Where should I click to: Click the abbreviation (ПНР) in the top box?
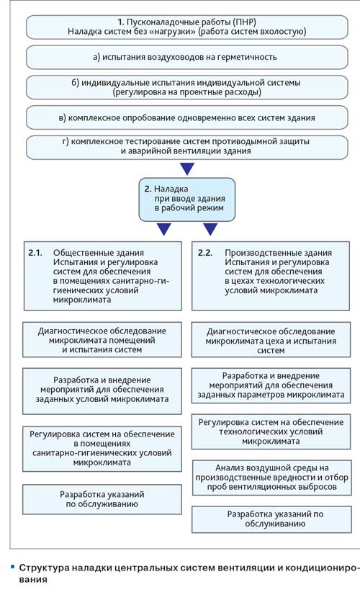pos(239,22)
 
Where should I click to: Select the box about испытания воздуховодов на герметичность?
pos(187,58)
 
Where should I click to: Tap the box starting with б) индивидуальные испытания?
pos(187,87)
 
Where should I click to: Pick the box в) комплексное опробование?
pos(187,117)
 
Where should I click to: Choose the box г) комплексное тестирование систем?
pos(187,146)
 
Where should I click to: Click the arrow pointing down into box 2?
pos(187,169)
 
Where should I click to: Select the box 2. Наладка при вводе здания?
pos(187,200)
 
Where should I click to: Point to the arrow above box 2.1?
pos(164,229)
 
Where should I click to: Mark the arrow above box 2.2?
pos(210,229)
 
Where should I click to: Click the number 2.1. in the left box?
pos(35,253)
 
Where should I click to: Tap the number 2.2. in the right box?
pos(205,253)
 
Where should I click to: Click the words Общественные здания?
pos(99,253)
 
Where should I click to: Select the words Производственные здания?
pos(278,253)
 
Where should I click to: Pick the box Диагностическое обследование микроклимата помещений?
pos(102,339)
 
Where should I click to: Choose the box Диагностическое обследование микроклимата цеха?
pos(271,341)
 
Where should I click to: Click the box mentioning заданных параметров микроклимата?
pos(271,385)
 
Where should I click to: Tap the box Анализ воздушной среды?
pos(272,478)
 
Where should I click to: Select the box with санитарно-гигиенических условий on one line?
pos(102,449)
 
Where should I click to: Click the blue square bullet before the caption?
pos(12,567)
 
